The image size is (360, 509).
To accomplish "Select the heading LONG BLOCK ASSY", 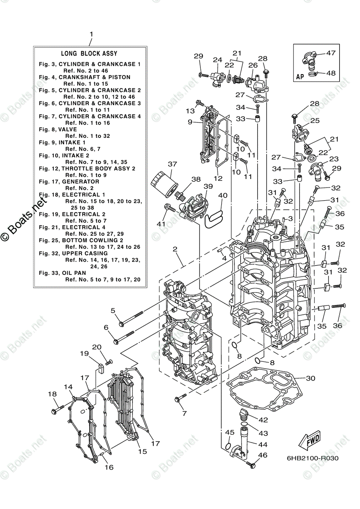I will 89,54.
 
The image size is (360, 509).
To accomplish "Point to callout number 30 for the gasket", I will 310,378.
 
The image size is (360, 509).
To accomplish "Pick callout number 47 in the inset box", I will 331,53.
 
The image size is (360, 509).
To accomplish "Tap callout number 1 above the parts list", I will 90,34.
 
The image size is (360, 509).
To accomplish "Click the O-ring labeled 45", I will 228,447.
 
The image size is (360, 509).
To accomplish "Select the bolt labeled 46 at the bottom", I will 252,464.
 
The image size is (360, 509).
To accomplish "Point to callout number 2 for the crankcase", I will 174,249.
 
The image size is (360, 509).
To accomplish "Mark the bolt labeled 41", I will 169,208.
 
